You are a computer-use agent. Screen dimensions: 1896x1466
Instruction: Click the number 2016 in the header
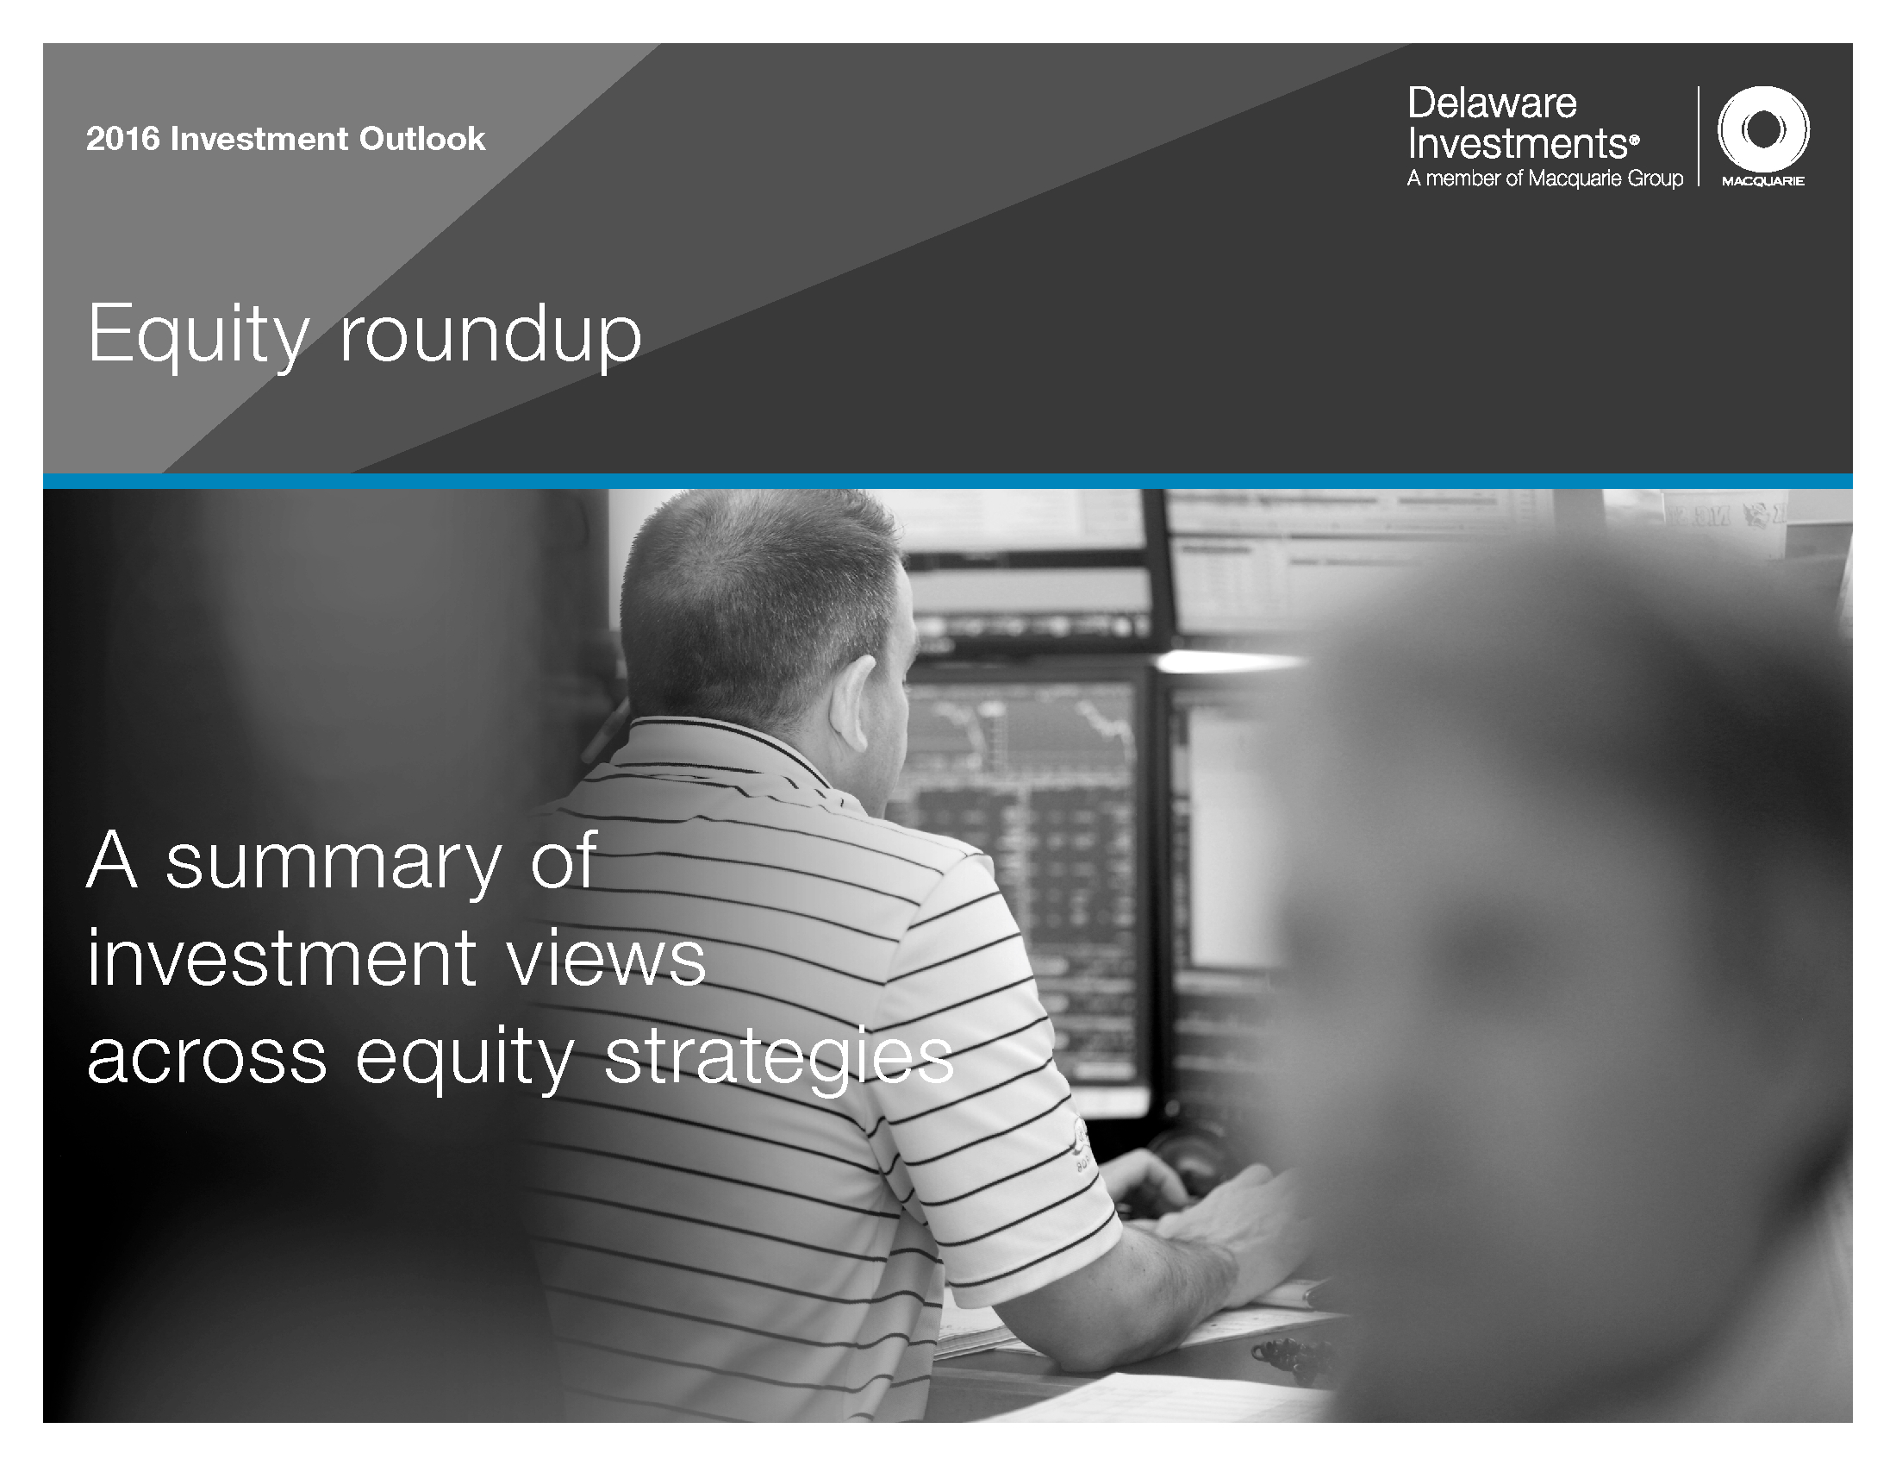(123, 139)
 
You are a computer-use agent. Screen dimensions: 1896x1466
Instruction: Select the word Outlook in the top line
(423, 139)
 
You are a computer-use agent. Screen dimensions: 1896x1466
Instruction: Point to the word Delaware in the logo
(1493, 103)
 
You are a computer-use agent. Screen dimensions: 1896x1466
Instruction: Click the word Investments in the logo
(1524, 143)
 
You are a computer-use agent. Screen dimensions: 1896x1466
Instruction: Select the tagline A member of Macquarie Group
(1545, 179)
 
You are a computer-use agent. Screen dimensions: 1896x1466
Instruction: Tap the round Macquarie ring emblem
(1763, 129)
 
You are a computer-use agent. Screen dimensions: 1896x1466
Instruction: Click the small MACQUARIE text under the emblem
(1763, 181)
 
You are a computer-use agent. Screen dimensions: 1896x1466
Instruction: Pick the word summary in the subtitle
(334, 863)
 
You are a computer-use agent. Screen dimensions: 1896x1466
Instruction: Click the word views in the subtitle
(607, 959)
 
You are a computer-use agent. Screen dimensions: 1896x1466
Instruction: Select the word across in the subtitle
(208, 1057)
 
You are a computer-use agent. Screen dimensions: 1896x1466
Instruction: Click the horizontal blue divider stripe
(948, 481)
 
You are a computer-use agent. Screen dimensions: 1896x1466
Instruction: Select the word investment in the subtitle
(282, 959)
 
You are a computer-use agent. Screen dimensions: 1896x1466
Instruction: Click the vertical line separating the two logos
(1699, 135)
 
